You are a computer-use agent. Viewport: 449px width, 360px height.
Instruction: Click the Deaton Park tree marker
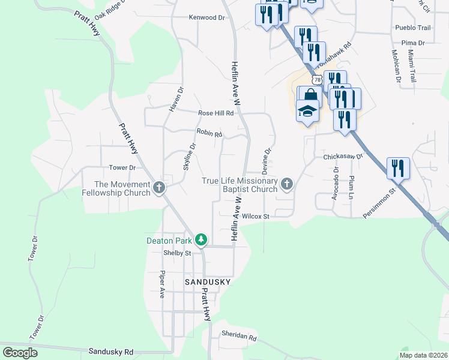click(202, 241)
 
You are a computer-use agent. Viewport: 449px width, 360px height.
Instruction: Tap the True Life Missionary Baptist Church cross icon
click(287, 184)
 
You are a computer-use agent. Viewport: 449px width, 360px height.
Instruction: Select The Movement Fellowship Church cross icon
click(159, 188)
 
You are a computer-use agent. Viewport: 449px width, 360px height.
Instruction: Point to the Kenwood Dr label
click(206, 18)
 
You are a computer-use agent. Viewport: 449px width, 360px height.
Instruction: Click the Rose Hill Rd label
click(215, 113)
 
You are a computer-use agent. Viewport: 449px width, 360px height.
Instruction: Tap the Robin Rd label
click(209, 133)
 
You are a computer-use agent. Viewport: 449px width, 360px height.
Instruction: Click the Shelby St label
click(177, 253)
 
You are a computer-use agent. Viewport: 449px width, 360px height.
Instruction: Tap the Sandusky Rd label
click(110, 352)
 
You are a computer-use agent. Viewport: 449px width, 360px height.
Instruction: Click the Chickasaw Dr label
click(343, 157)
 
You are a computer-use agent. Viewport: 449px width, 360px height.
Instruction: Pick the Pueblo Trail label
click(413, 28)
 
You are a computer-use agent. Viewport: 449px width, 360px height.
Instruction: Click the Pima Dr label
click(413, 43)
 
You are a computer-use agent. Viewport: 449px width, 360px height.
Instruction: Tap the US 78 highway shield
click(317, 80)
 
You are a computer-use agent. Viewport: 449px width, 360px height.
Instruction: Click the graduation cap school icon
click(307, 111)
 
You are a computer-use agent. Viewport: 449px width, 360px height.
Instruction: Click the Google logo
click(20, 353)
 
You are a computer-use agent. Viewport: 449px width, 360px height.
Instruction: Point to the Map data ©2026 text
click(423, 355)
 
